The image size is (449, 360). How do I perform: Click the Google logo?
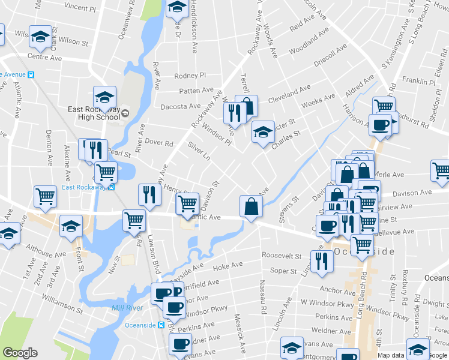pos(20,353)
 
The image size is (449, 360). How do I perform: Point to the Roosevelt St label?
pos(281,256)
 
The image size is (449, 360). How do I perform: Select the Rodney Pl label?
pos(190,76)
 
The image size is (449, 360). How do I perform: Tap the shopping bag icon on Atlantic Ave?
pos(251,206)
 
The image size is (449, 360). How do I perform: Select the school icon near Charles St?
pos(262,132)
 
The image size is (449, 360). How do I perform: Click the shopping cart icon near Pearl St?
pos(106,172)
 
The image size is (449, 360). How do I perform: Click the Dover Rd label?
pos(155,143)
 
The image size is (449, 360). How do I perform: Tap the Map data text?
pos(391,355)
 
